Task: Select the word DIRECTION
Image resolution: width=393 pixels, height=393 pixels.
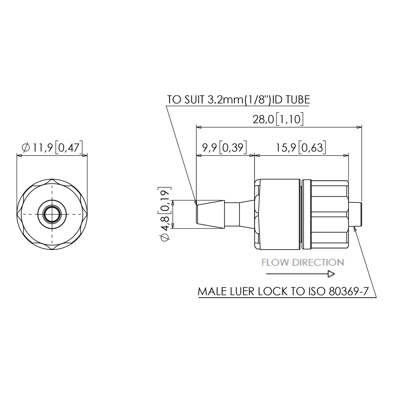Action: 318,262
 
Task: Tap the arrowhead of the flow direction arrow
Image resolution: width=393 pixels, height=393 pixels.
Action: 331,274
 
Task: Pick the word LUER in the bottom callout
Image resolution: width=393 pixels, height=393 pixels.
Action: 241,292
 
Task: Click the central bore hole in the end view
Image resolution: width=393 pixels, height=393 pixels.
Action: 52,214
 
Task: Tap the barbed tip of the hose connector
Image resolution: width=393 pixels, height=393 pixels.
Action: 210,214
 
